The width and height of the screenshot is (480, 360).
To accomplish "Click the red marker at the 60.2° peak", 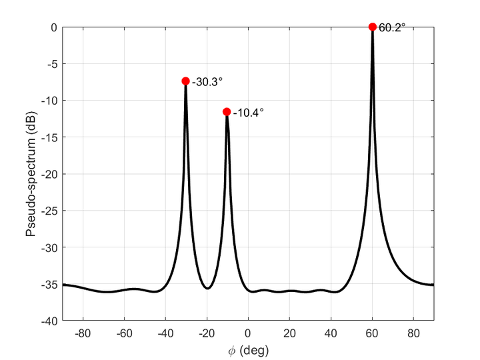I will tap(373, 27).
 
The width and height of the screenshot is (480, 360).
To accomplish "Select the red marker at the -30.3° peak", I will tap(185, 81).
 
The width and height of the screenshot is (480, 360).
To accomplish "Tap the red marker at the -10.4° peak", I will tap(227, 112).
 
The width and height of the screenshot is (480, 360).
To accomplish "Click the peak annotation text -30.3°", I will tap(207, 82).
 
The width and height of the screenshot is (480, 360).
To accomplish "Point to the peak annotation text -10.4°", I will tap(249, 113).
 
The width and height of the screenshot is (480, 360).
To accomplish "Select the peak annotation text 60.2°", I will tap(392, 28).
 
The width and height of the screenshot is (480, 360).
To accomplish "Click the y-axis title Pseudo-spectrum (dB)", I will tap(31, 174).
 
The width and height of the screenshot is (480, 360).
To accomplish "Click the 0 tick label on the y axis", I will tap(55, 27).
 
